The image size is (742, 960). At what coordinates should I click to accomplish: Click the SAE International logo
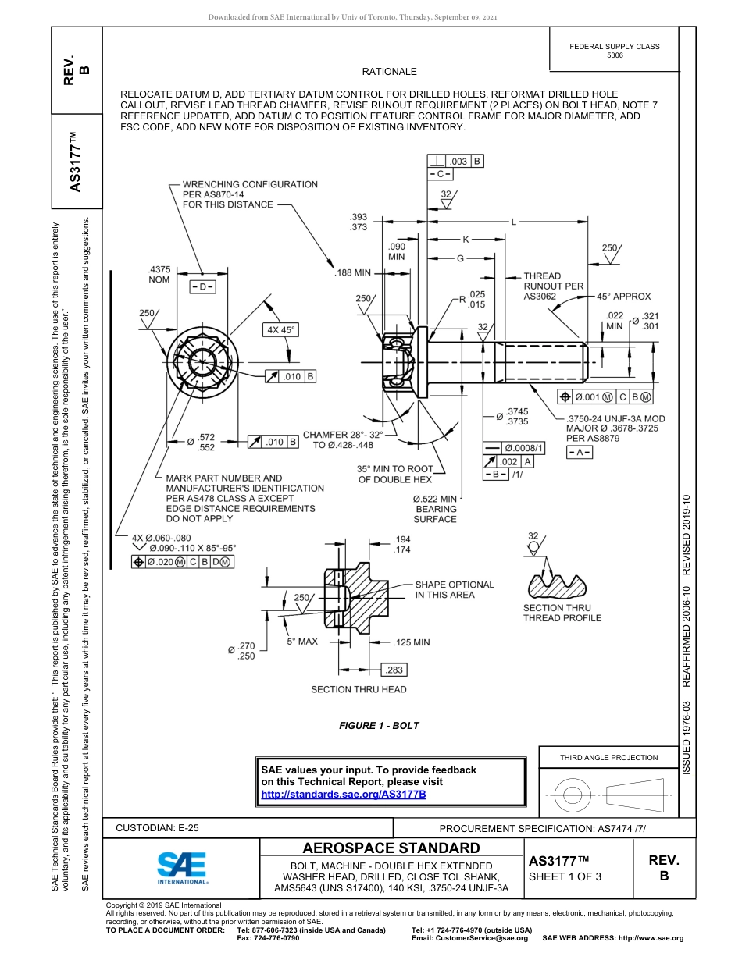tap(181, 866)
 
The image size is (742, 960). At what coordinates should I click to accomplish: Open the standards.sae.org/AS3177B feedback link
tap(344, 794)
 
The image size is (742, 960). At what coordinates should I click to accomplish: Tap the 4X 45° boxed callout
tap(281, 330)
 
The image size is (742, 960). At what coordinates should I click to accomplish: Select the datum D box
tap(202, 287)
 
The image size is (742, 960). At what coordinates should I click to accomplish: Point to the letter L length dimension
tap(513, 222)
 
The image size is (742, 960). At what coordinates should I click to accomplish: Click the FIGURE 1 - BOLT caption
tap(379, 726)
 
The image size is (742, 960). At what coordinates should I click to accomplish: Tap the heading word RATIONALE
tap(389, 72)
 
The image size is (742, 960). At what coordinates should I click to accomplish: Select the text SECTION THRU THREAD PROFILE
tap(562, 613)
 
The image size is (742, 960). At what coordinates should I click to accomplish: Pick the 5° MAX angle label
tap(301, 642)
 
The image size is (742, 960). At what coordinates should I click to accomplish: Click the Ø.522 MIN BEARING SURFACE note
tap(435, 509)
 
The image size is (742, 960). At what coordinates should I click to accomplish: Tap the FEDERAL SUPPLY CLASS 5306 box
tap(614, 51)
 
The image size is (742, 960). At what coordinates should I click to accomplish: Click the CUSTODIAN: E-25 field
tap(156, 828)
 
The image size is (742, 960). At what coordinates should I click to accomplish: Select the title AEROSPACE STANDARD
tap(391, 848)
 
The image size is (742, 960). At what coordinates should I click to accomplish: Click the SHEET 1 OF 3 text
tap(559, 876)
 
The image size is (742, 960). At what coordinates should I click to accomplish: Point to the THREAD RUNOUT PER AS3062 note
tap(553, 286)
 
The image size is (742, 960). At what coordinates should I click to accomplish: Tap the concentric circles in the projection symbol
tap(573, 794)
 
